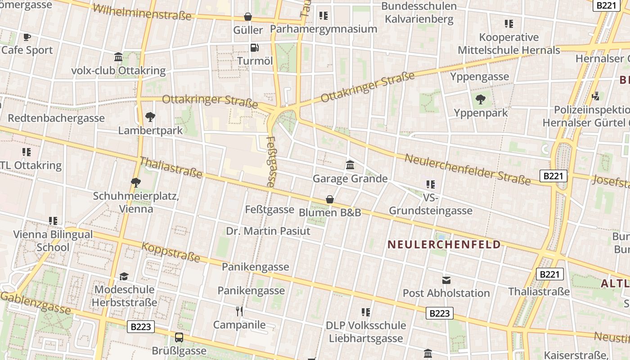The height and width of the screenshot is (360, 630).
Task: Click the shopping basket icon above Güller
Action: [247, 17]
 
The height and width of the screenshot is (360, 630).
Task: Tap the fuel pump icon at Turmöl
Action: [254, 47]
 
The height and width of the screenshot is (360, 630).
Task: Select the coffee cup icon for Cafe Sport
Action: [27, 37]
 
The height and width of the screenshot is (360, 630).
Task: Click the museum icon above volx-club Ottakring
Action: [118, 57]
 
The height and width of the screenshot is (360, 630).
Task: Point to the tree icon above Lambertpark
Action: [150, 117]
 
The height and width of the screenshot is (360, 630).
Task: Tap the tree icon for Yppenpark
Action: [481, 99]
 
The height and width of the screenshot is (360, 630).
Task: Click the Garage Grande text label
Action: [350, 179]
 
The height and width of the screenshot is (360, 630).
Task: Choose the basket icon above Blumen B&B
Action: [330, 199]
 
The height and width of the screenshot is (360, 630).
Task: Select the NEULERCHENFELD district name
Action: [444, 244]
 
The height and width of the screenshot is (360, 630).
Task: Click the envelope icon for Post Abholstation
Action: [446, 280]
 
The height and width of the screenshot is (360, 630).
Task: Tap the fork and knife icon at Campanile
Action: [239, 311]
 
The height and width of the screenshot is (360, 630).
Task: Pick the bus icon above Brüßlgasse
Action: [179, 337]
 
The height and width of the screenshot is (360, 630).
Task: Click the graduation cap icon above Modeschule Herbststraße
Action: [124, 276]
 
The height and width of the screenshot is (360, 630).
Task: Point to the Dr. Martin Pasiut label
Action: [268, 231]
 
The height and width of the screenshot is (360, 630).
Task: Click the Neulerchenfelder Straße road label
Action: [468, 169]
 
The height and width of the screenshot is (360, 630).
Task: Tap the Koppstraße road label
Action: [171, 252]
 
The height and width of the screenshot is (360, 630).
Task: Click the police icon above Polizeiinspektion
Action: [596, 96]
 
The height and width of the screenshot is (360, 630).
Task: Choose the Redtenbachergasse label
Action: [56, 118]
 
